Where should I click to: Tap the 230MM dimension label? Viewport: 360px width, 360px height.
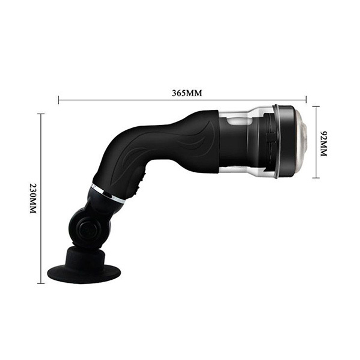pos(33,199)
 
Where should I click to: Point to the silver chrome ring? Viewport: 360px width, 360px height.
pos(108,193)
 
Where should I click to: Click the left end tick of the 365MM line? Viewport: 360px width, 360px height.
pos(59,100)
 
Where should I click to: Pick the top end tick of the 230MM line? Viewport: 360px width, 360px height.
pos(41,114)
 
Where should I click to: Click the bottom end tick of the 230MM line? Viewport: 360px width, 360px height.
pos(41,283)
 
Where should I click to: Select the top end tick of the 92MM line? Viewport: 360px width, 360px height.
pos(316,107)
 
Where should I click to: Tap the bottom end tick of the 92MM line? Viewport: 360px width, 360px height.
pos(316,177)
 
